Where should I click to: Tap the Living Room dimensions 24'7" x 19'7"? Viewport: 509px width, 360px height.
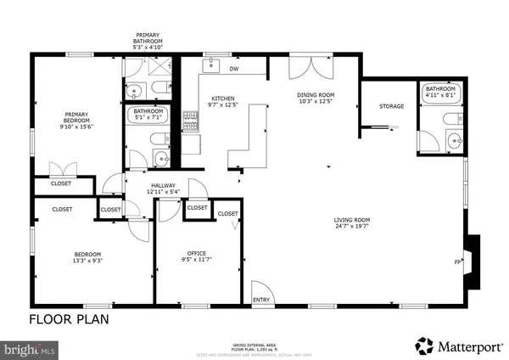tap(353, 227)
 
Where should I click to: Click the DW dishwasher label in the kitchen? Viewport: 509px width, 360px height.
tap(233, 70)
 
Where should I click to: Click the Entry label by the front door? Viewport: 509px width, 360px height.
tap(260, 300)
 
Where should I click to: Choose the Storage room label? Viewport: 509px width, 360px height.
tap(391, 106)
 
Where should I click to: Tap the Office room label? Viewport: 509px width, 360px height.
tap(197, 253)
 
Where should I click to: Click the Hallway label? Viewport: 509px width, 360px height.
tap(163, 185)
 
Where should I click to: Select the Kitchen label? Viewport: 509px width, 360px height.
tap(222, 98)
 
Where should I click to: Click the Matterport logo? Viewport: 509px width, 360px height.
tap(456, 345)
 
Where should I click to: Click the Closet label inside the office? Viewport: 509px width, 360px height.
tap(227, 214)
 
